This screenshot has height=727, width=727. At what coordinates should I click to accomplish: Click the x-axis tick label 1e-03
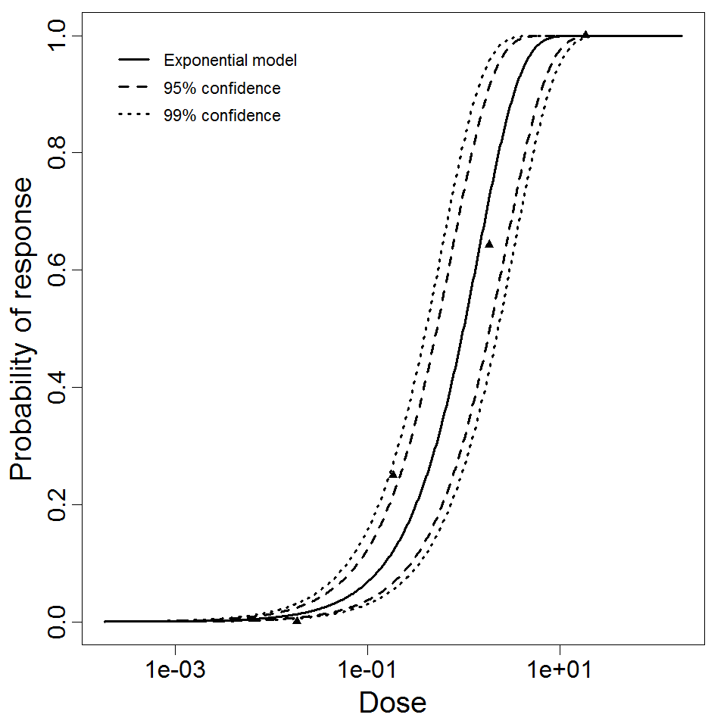click(176, 672)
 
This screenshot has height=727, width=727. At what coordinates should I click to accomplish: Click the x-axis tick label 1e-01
click(368, 672)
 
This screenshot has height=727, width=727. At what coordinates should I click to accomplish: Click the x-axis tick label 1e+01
click(560, 672)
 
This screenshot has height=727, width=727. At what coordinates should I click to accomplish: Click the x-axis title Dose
click(392, 704)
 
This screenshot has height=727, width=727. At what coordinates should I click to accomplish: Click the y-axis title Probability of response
click(23, 329)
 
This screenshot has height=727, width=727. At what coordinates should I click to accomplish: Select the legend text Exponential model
click(230, 61)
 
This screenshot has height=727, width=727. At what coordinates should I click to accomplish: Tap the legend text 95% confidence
click(222, 89)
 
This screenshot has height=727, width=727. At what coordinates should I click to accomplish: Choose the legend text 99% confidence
click(222, 116)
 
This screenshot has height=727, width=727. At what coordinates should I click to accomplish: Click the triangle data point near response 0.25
click(392, 474)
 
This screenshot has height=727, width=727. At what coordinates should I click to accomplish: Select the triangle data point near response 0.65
click(489, 244)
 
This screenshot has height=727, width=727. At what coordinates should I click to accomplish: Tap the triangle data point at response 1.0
click(585, 34)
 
